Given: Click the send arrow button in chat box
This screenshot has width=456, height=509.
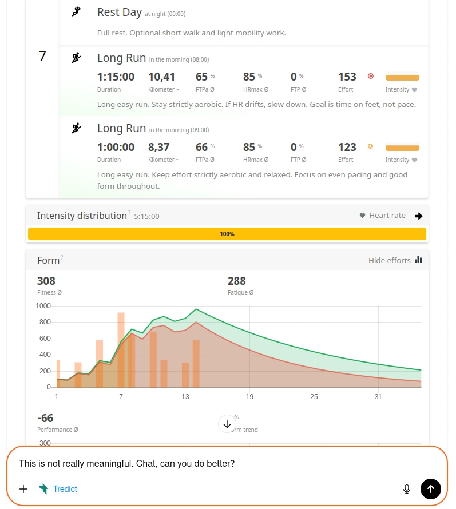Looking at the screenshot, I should point(430,489).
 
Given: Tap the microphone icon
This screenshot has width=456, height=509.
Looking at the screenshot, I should point(407,489).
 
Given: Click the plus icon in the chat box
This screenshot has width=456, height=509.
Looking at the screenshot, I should point(23,489).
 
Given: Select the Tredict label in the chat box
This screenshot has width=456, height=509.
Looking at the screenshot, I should point(65,489).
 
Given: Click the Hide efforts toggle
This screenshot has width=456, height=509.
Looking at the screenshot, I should point(395,260).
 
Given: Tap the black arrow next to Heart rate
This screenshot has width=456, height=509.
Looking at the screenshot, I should point(419,216).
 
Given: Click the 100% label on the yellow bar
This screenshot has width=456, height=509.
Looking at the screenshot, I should point(227,234).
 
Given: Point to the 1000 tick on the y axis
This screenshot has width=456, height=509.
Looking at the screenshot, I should point(43,306).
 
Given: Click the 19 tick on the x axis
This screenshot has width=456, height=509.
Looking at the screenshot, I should point(249,397).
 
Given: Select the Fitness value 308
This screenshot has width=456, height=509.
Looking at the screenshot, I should point(46,281).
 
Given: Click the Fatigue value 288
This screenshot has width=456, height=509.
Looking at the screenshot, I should point(237,281).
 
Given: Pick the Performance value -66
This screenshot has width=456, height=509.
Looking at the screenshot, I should point(45,418).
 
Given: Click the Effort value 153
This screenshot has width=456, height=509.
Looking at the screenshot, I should point(347,77).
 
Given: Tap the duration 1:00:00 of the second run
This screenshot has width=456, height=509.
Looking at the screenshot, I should point(116,147).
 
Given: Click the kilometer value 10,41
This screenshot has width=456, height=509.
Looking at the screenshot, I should point(161,77).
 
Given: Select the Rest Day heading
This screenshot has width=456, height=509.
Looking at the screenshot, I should point(119,12).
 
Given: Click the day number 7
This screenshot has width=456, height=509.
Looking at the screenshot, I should point(42,56).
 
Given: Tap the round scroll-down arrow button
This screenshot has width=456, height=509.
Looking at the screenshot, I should point(227,424).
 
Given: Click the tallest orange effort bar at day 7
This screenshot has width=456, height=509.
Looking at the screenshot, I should point(121,349).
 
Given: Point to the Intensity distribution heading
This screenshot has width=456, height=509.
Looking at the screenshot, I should point(82,216).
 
